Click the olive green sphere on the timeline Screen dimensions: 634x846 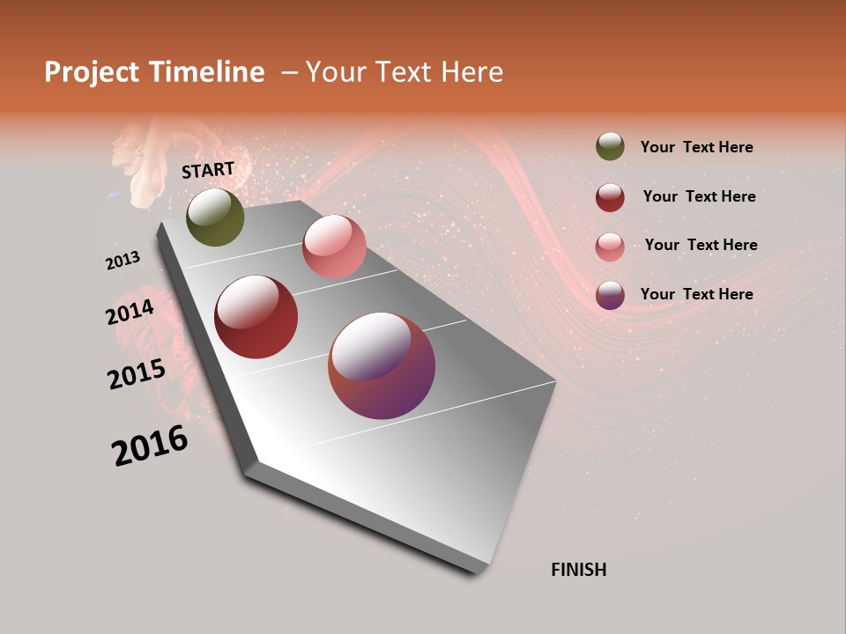[215, 217]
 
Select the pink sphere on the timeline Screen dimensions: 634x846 [334, 247]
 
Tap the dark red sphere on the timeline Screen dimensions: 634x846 [256, 317]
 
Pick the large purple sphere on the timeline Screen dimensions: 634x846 [382, 365]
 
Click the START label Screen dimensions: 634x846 [208, 170]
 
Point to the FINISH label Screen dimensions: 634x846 [579, 570]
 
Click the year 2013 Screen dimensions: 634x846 [122, 261]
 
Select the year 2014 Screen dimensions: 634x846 [130, 312]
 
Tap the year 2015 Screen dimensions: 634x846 [137, 374]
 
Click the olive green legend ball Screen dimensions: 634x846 [610, 147]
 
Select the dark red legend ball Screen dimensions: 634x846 [610, 197]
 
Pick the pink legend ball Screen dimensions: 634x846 [610, 246]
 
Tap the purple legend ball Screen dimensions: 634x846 [610, 295]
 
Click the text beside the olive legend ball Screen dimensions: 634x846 [696, 148]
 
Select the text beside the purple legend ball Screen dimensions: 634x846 [696, 294]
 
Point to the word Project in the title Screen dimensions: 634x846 [91, 72]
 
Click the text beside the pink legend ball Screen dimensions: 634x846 [701, 245]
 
